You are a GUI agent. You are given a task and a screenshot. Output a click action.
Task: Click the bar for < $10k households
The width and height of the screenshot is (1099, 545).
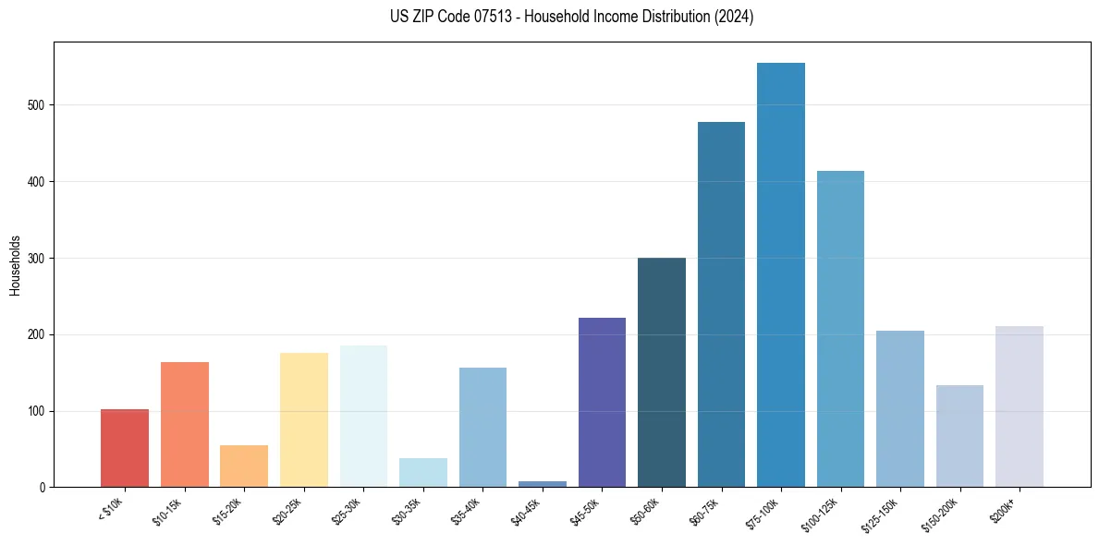(x=125, y=448)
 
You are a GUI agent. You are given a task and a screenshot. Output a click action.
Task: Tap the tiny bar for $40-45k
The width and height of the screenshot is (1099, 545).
(x=543, y=483)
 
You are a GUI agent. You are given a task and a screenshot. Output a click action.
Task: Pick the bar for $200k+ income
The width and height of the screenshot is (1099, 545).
(x=1020, y=406)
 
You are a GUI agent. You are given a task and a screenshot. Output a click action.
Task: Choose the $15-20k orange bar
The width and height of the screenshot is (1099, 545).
(x=244, y=466)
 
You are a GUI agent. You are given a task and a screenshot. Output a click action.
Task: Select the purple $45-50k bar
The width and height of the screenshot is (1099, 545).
(x=602, y=403)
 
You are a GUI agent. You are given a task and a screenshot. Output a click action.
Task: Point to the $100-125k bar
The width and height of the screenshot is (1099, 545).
(x=840, y=329)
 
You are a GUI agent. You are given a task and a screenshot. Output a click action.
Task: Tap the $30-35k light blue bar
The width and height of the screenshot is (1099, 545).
(x=423, y=473)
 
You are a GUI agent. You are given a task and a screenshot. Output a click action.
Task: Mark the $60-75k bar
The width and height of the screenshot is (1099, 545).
(x=721, y=305)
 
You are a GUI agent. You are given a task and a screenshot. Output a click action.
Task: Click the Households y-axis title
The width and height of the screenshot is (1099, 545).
(x=15, y=265)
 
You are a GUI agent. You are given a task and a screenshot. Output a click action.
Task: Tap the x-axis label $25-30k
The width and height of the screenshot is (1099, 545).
(x=347, y=511)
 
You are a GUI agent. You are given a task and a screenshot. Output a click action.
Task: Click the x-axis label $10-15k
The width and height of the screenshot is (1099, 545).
(x=167, y=511)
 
